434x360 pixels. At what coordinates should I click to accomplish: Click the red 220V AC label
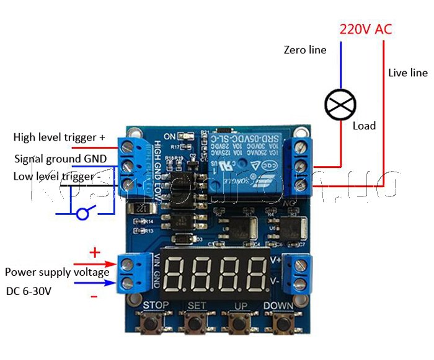(365, 29)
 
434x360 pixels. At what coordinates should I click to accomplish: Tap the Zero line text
(304, 50)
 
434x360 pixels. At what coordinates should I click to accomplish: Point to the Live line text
(407, 72)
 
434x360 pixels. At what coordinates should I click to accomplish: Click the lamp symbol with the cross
(340, 103)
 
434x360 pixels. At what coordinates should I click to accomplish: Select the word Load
(364, 126)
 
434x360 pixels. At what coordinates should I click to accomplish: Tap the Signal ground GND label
(60, 159)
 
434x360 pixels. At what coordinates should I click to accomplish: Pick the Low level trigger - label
(58, 176)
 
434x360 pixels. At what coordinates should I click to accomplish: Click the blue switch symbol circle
(83, 214)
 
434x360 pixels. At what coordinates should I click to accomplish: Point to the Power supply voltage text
(57, 272)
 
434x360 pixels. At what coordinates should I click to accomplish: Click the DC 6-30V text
(29, 291)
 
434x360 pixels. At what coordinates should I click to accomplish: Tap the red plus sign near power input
(95, 252)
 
